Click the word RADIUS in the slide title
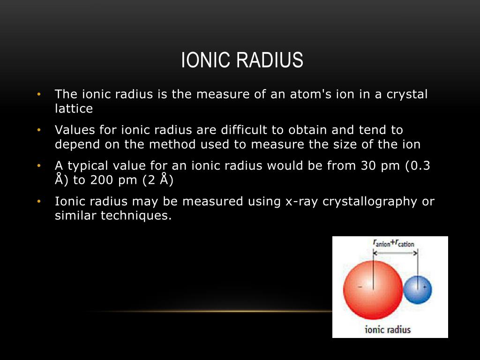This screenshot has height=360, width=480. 270,60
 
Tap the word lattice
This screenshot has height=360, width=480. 74,108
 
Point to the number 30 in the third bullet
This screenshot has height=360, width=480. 368,166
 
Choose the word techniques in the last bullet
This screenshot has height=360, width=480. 136,216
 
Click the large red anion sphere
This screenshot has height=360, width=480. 373,290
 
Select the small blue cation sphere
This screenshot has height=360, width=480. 418,290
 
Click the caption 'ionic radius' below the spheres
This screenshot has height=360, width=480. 388,330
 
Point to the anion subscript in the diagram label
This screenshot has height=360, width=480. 383,244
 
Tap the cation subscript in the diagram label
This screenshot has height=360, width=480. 406,244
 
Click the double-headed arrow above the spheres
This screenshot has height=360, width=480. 395,253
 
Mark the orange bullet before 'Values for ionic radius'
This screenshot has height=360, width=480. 39,130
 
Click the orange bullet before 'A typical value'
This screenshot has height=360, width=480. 39,166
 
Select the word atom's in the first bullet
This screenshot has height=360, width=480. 310,94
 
